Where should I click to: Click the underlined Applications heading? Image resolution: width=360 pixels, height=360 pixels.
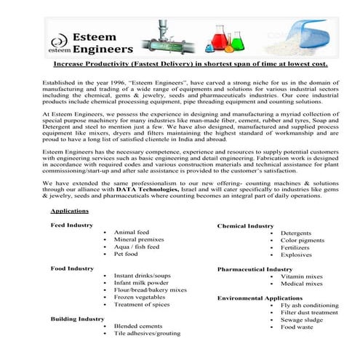coord(70,211)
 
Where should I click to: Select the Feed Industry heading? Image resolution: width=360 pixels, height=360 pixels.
coord(71,225)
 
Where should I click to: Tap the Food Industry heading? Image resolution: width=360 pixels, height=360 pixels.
coord(72,269)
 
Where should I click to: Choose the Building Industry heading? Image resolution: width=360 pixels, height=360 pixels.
coord(77,319)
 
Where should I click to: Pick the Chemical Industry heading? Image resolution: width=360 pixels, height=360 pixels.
coord(246,226)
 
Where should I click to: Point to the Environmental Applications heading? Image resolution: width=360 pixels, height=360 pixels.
coord(260,298)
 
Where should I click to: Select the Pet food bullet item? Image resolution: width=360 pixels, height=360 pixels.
coord(126,255)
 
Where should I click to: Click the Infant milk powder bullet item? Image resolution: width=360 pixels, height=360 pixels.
coord(142,283)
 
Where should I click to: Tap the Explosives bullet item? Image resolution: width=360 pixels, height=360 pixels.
coord(297,255)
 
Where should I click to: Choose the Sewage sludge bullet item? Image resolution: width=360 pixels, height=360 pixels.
coord(302,319)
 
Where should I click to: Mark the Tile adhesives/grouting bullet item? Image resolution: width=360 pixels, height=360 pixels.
coord(147,334)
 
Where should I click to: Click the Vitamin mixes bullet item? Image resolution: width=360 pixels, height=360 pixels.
coord(302,277)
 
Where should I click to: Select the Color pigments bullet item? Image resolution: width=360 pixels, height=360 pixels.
coord(303,241)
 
